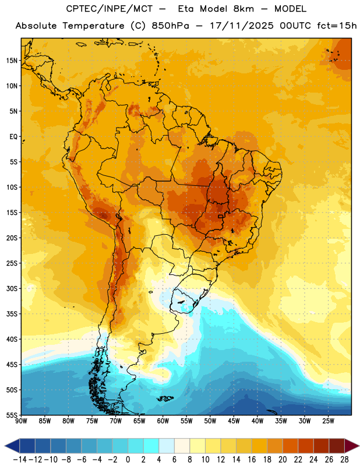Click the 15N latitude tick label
pos(12,61)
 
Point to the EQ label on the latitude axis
pos(13,137)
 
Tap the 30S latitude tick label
pos(12,288)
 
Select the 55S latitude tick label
pos(12,415)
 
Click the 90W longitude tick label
pos(21,421)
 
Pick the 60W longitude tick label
pos(163,421)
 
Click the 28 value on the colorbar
pos(344,460)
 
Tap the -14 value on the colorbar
pos(20,460)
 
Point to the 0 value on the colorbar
pos(128,460)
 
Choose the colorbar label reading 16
pos(252,460)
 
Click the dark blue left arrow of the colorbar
pos(12,446)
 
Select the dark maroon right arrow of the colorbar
pos(352,446)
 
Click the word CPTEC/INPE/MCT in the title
pos(110,9)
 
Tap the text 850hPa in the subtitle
pos(170,26)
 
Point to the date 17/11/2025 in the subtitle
pos(242,26)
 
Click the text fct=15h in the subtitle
pos(337,26)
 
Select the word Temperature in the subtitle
pos(93,26)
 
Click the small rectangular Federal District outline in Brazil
pos(220,216)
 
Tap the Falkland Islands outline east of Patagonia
pos(165,398)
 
